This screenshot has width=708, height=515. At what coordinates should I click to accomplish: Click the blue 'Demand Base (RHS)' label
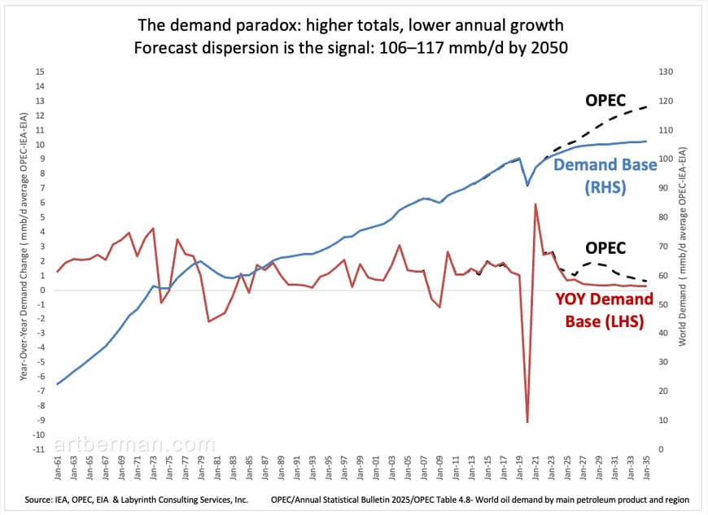pos(605,175)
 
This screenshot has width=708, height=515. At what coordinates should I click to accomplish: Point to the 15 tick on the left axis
pos(39,71)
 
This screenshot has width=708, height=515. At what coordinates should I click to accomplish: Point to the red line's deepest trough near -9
pos(527,421)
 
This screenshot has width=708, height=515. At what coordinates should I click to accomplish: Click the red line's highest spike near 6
pos(535,205)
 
